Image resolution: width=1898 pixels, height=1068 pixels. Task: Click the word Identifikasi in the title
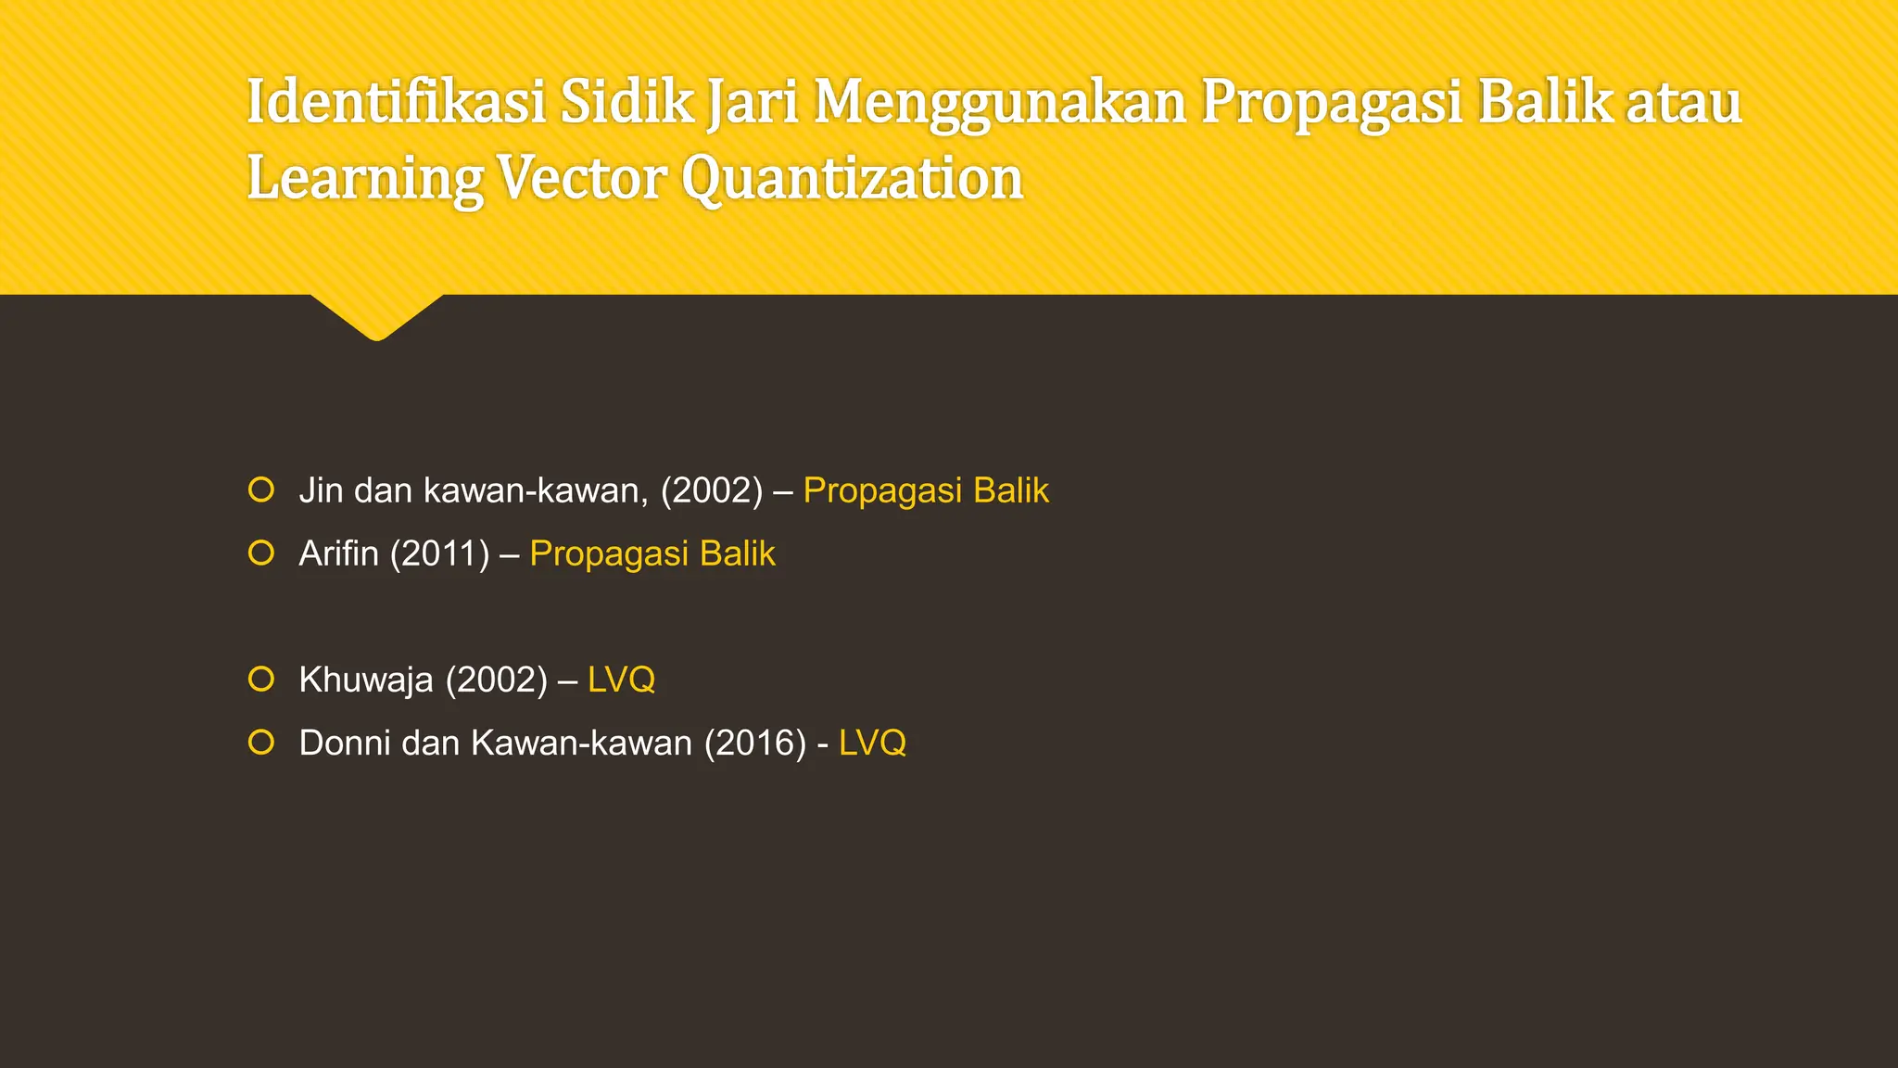[397, 102]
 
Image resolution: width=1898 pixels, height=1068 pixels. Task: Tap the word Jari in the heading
[752, 102]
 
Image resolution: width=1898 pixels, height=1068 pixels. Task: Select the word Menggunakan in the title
[1000, 104]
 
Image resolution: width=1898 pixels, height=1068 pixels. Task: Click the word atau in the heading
[1684, 102]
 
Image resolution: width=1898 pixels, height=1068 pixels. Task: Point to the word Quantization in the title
[853, 179]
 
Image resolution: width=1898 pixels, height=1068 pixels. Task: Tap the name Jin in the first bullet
[321, 490]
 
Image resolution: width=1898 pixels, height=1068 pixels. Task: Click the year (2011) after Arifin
[439, 553]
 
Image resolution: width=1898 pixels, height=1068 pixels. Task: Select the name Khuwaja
[366, 680]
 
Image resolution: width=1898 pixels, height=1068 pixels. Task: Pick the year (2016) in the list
[755, 744]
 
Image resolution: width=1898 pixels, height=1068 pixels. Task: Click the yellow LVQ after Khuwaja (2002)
[622, 680]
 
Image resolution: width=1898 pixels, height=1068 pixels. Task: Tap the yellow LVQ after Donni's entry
[872, 744]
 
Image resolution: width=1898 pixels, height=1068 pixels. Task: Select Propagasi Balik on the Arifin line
[652, 553]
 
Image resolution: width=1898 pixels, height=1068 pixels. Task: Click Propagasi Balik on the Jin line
[926, 490]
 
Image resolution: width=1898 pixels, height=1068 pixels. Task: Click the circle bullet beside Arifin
[261, 553]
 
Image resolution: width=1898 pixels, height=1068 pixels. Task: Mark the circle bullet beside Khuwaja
[261, 680]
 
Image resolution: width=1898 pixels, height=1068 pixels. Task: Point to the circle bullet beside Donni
[261, 743]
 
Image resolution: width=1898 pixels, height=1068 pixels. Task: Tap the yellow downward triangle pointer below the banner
[376, 315]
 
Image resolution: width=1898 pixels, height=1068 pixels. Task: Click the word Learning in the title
[364, 179]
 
